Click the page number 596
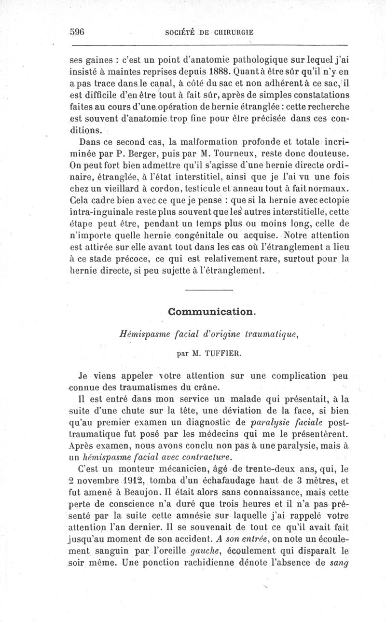pos(77,32)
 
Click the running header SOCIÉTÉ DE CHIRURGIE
pos(209,33)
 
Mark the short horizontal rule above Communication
pos(208,290)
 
